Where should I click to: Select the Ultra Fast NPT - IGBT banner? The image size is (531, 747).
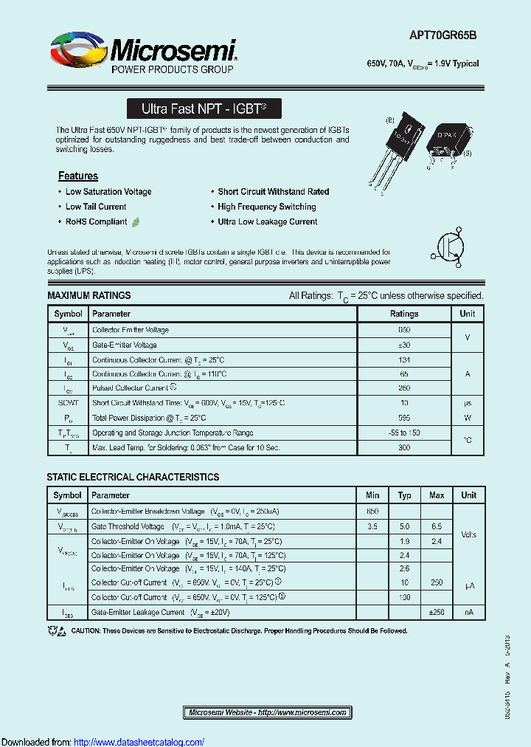coord(204,109)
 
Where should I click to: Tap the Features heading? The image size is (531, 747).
coord(78,176)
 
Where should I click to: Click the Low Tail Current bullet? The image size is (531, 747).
coord(96,207)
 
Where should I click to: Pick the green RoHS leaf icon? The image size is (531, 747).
coord(136,221)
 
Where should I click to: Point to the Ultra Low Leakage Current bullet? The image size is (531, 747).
coord(268,221)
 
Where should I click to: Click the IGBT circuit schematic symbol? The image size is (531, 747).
coord(451,249)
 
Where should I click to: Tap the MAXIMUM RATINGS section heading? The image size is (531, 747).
coord(88,295)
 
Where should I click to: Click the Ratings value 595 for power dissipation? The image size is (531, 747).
coord(403,418)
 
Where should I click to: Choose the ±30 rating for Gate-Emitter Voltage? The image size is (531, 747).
coord(403,345)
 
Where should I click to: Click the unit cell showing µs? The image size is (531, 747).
coord(467,403)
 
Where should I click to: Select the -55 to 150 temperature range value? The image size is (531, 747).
coord(403,433)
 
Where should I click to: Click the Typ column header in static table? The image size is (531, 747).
coord(404,495)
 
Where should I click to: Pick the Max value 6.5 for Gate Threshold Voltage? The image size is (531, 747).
coord(436,526)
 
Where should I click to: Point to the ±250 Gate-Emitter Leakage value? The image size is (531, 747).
coord(436,612)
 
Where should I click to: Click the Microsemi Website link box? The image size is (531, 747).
coord(268,712)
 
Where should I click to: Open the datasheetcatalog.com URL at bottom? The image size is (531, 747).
coord(139,742)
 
